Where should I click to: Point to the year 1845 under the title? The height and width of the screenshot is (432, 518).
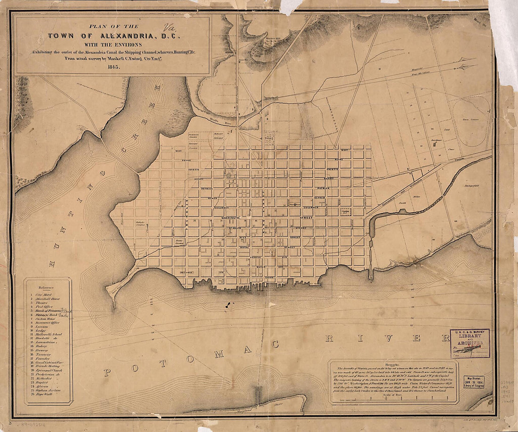click(112, 67)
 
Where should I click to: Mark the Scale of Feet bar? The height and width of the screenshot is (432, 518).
click(393, 401)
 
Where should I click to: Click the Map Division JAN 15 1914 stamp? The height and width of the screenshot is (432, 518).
click(473, 381)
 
